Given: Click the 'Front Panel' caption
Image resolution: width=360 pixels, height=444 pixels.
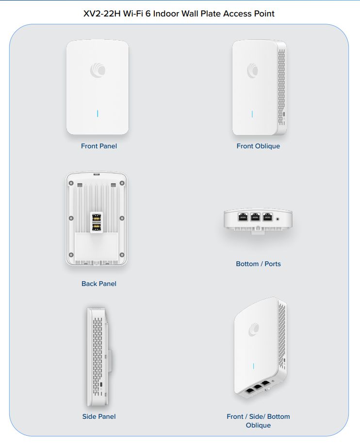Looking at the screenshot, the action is point(98,146).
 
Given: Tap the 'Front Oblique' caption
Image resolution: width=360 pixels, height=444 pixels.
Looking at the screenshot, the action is point(258,146).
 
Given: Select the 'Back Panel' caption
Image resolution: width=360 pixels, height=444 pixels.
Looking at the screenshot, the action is point(98,284).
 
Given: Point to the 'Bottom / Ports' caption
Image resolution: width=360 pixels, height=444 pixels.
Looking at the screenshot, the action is point(258,264).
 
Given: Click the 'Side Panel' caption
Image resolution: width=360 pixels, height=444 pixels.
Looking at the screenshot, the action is point(98,416).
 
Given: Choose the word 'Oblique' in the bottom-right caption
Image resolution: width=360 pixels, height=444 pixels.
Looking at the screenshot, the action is point(258,425).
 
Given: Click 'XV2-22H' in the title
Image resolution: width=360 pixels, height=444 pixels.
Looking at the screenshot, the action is point(102,14).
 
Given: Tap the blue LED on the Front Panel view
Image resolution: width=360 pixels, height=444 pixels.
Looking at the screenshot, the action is point(98,113).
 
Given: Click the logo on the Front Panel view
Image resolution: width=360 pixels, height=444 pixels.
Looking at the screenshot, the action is point(98,70).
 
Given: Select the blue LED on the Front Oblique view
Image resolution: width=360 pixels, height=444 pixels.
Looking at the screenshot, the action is point(252,114).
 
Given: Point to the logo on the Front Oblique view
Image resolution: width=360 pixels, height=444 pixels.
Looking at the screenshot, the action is point(252,70).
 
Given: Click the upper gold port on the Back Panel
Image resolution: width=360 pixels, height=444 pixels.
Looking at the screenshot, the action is point(97,218).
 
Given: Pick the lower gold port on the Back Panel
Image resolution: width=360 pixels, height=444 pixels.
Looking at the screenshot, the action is point(97,227).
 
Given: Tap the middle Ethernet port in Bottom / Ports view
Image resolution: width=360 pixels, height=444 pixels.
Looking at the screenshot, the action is point(255,217).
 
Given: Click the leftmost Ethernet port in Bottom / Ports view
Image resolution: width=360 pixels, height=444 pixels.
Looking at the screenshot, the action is point(243,217).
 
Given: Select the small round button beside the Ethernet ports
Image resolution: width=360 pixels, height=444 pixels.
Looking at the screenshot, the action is point(278,219).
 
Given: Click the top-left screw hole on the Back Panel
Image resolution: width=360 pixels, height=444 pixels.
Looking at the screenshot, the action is point(71,183).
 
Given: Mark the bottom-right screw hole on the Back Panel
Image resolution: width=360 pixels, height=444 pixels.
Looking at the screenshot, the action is point(122,255).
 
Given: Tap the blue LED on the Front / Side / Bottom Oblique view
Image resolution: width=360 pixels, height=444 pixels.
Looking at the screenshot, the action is point(253,366).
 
